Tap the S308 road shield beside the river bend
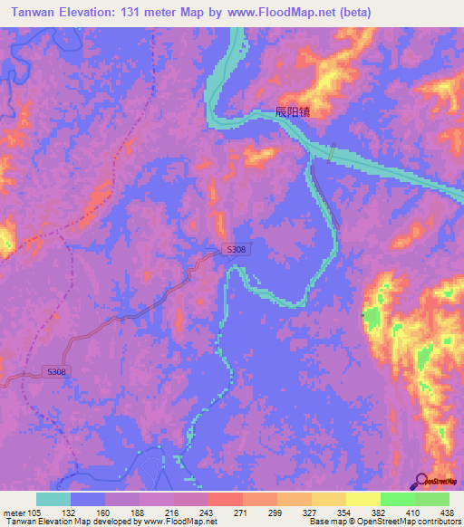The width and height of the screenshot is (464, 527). tap(236, 249)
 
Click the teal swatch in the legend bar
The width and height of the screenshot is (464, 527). tap(53, 499)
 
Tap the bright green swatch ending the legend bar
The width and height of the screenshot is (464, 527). tap(432, 499)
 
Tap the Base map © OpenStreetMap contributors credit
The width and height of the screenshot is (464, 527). tap(384, 522)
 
